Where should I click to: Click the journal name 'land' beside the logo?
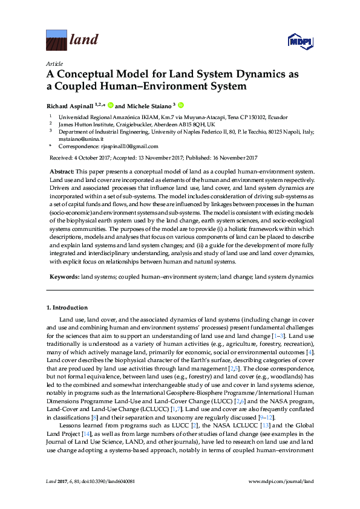click(84, 41)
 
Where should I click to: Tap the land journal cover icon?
click(56, 41)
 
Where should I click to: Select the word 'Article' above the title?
click(53, 63)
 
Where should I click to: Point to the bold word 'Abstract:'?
click(62, 172)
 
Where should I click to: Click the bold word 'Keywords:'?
click(64, 276)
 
